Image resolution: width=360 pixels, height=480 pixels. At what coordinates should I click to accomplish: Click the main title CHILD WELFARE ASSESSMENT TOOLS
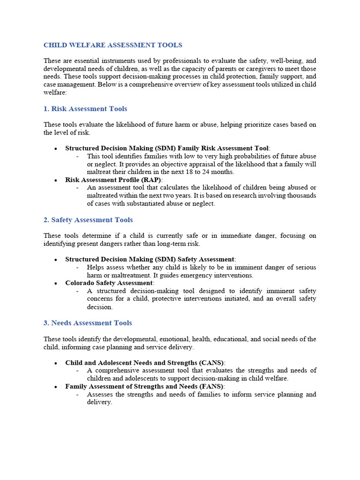pos(113,45)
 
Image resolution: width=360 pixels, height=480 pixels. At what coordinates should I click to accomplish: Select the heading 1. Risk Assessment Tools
pos(85,109)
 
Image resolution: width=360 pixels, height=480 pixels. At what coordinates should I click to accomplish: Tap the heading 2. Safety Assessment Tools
pos(88,220)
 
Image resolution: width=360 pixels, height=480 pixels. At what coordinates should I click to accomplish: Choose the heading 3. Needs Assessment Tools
pos(88,323)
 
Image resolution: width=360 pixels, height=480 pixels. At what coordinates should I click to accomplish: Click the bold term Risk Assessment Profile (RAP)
pos(113,180)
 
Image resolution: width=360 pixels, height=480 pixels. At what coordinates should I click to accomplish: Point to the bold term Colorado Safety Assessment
pos(109,283)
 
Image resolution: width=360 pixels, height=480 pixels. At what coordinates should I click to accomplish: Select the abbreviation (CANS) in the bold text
pos(211,362)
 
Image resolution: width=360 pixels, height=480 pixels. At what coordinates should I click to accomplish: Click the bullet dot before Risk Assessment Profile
pos(56,180)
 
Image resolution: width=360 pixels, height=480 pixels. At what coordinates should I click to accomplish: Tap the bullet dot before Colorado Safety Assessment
pos(56,284)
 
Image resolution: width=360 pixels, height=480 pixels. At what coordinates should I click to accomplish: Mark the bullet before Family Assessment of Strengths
pos(56,387)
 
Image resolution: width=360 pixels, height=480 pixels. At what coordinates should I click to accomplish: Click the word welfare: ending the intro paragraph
pos(55,93)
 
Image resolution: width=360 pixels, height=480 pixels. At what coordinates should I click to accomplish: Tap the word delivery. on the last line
pos(99,402)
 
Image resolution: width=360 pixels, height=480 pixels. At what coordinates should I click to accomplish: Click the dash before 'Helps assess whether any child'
pos(77,267)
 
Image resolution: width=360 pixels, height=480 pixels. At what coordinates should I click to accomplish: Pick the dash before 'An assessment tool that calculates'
pos(77,187)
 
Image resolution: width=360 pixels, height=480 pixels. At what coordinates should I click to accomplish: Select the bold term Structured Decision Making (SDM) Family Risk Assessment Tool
pos(167,148)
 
